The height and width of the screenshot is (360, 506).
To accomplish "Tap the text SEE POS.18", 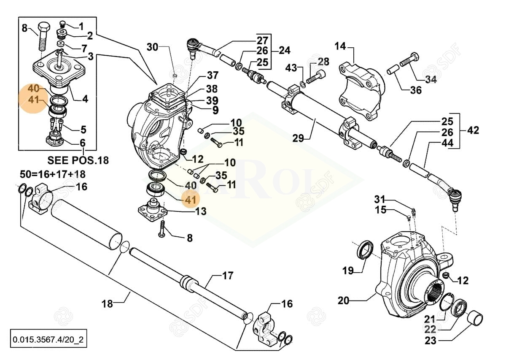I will pyautogui.click(x=78, y=160).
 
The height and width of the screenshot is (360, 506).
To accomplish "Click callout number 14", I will pyautogui.click(x=340, y=46).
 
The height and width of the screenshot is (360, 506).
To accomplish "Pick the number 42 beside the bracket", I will pyautogui.click(x=473, y=130).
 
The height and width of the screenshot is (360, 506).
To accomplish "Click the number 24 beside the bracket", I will pyautogui.click(x=285, y=50).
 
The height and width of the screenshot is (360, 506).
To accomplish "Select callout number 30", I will pyautogui.click(x=152, y=47).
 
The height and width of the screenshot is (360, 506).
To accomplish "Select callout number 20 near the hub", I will pyautogui.click(x=344, y=300).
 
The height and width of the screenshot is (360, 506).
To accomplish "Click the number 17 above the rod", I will pyautogui.click(x=227, y=276).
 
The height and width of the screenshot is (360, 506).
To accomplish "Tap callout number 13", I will pyautogui.click(x=201, y=211).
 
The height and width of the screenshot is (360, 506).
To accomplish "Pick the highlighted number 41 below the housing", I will pyautogui.click(x=191, y=199).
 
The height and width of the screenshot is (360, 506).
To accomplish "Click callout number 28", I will pyautogui.click(x=323, y=62).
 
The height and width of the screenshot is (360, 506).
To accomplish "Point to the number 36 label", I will pyautogui.click(x=416, y=90).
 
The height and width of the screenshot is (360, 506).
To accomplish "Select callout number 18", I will pyautogui.click(x=108, y=303).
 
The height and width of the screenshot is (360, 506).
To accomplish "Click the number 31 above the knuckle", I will pyautogui.click(x=380, y=199).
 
